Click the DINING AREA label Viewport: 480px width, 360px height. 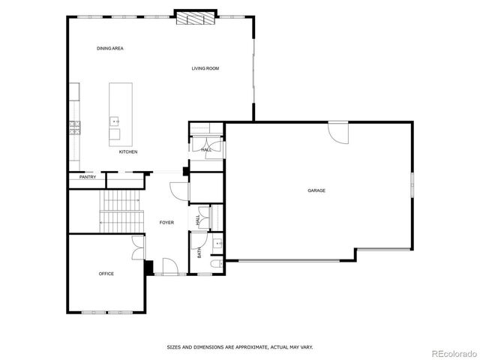pos(109,49)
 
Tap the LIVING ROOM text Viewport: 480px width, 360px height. pos(205,69)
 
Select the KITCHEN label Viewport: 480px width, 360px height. pos(128,152)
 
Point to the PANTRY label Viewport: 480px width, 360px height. pos(88,178)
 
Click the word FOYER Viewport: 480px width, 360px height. pos(166,223)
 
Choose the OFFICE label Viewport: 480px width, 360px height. pos(106,274)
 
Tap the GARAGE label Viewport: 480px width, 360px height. pos(316,190)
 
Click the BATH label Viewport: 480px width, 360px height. pos(199,253)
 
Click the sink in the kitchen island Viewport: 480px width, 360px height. pos(115,120)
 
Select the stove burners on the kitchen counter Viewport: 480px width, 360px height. pos(73,127)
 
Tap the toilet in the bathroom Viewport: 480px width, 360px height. pos(215,265)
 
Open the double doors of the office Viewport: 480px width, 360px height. pos(138,248)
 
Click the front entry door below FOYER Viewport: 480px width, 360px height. pos(169,266)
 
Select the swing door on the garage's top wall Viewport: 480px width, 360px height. pos(339,132)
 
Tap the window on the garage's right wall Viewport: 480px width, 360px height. pos(411,184)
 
